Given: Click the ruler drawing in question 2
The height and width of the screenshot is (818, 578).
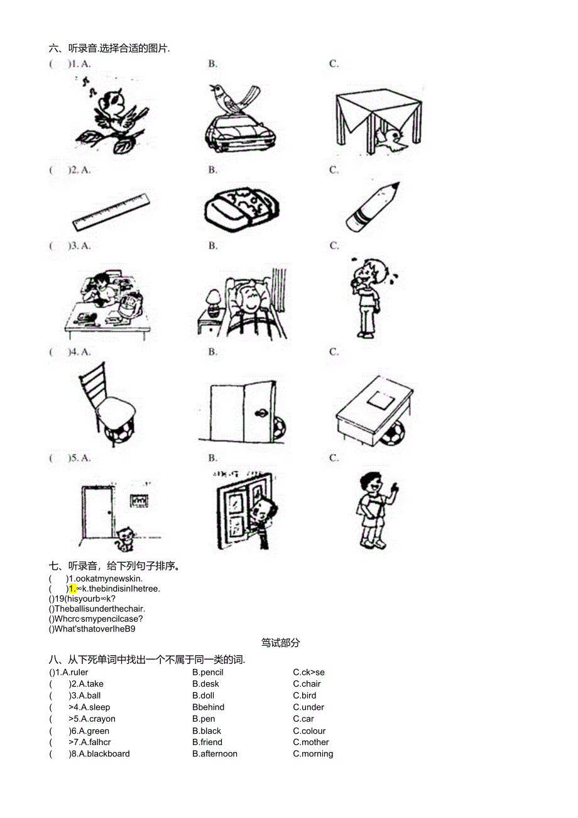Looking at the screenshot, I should [x=112, y=213].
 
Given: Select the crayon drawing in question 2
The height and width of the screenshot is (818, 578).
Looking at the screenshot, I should [x=372, y=207].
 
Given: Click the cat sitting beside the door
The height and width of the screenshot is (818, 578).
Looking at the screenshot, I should [x=126, y=538].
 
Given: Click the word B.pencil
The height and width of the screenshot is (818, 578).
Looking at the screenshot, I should [x=208, y=672].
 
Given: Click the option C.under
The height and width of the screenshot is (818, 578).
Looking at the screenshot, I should [x=308, y=707].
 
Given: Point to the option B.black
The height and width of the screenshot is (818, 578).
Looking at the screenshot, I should [x=207, y=731].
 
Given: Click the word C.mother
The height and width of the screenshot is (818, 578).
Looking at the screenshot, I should [x=311, y=742].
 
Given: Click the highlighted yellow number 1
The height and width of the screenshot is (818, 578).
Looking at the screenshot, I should [x=72, y=589].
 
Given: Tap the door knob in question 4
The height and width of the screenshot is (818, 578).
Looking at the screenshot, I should [x=259, y=414].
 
